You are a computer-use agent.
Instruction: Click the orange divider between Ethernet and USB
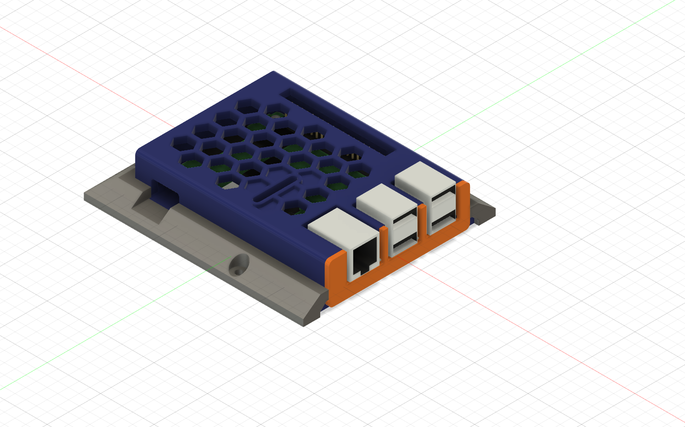pyautogui.click(x=384, y=244)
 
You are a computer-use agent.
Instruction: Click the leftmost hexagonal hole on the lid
pyautogui.click(x=182, y=143)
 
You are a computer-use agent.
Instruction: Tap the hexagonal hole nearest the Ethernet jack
pyautogui.click(x=295, y=208)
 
